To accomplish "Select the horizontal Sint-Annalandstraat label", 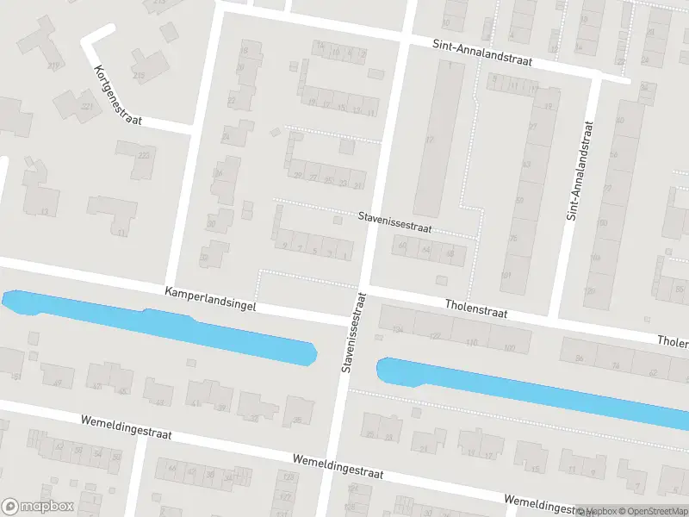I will click(482, 53).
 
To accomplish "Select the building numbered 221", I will click(86, 107).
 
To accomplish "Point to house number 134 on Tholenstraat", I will click(397, 329).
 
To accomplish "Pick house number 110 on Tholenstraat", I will click(471, 342).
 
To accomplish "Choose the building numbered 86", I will click(580, 358).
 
